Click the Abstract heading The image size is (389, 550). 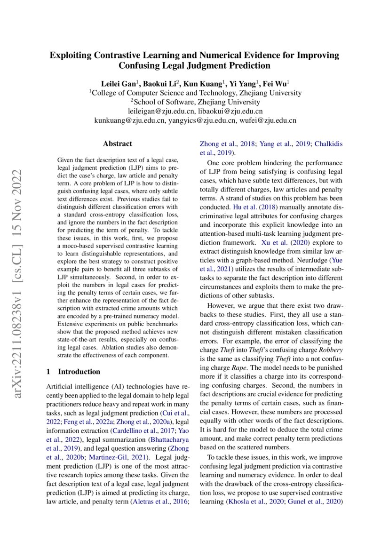[118, 143]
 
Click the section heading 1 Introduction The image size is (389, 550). [73, 372]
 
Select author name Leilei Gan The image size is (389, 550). [118, 84]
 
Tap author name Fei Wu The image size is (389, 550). [279, 84]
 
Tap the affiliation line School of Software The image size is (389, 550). [195, 102]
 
